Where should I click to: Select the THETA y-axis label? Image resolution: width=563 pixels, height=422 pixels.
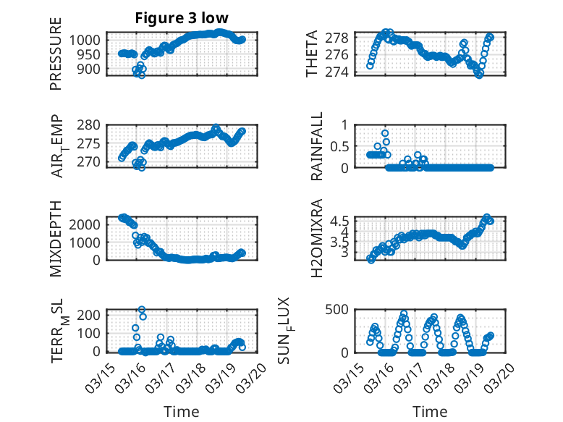[x=312, y=53]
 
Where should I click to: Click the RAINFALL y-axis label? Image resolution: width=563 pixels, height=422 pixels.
[x=317, y=145]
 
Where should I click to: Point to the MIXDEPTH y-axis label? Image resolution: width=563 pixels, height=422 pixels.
[x=56, y=237]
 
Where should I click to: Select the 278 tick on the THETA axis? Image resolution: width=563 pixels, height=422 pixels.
[x=342, y=38]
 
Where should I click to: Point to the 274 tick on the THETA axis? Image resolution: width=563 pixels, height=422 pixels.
[x=342, y=72]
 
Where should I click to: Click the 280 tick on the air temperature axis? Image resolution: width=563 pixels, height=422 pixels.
[x=90, y=125]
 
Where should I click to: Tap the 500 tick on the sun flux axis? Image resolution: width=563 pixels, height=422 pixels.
[x=342, y=310]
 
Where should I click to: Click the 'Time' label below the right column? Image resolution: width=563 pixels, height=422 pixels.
[x=430, y=411]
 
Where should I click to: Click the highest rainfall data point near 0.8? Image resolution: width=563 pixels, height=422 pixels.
[x=385, y=133]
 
